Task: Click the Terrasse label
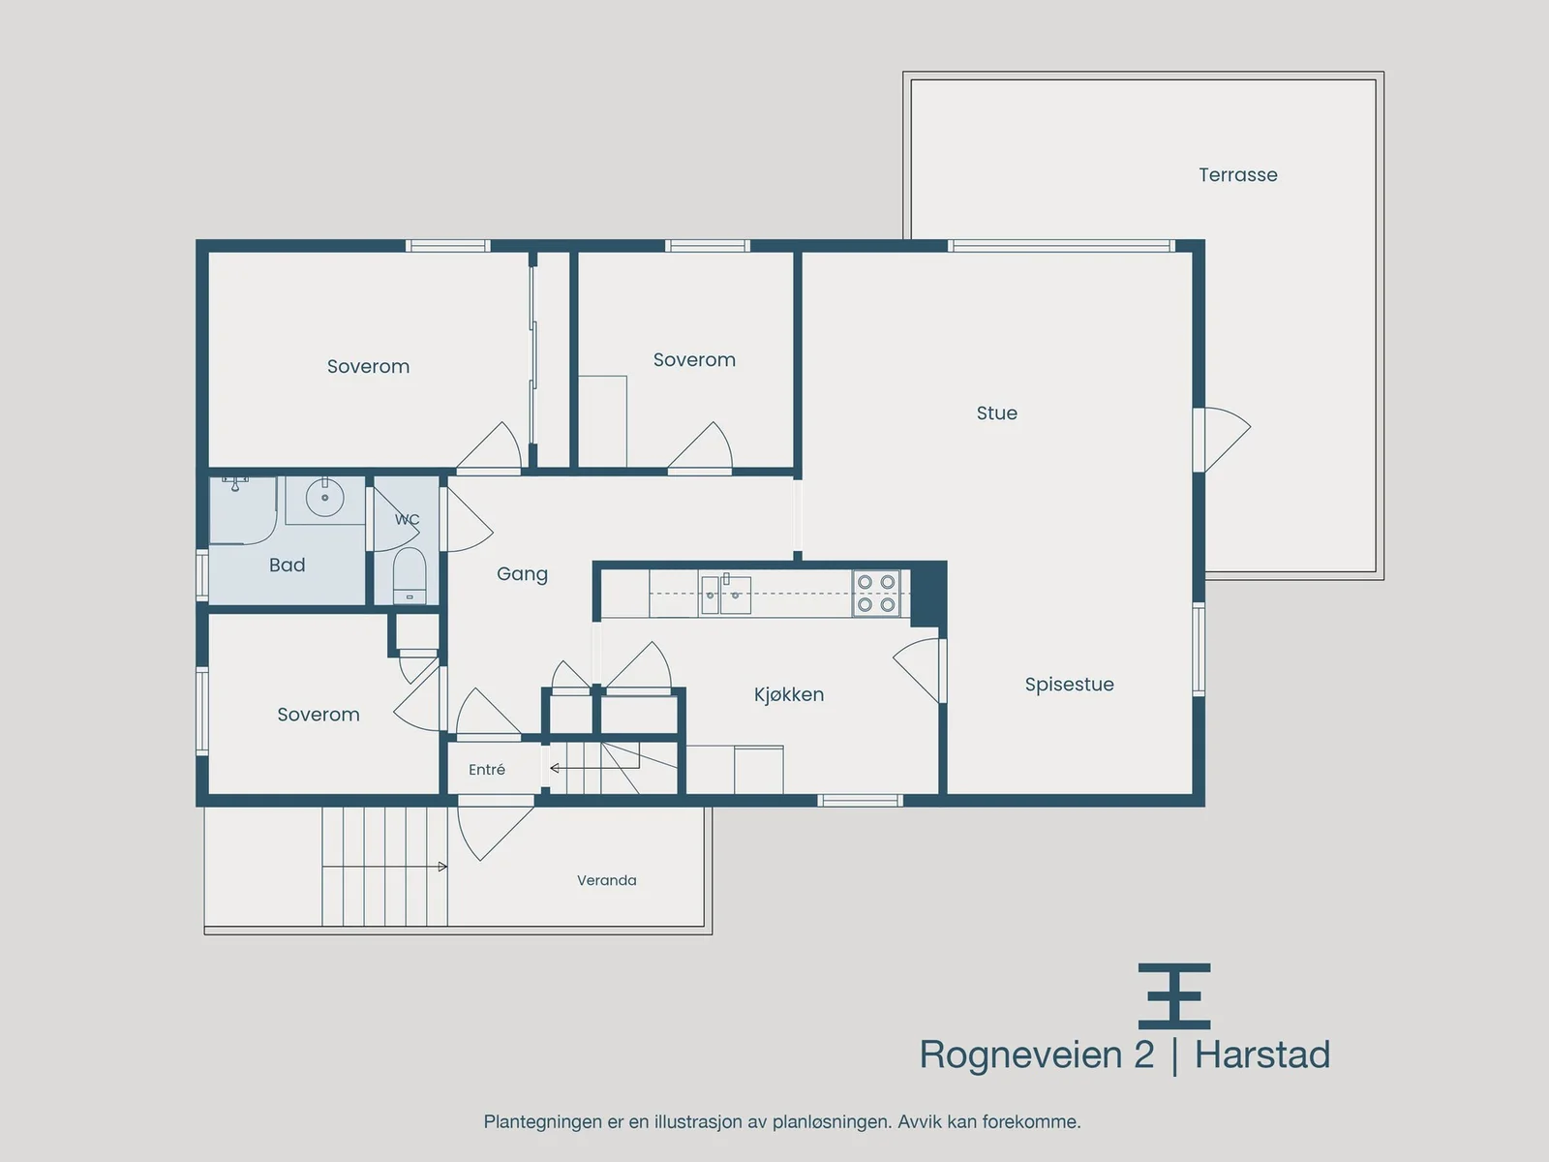(1238, 175)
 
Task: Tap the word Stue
(996, 413)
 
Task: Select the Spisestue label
(1069, 685)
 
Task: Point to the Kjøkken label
(788, 694)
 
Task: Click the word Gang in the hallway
(522, 574)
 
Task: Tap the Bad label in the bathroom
(288, 566)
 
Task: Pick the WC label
(408, 520)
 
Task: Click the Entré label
(487, 769)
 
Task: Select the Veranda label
(606, 880)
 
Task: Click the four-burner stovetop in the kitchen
(876, 594)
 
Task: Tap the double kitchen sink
(725, 594)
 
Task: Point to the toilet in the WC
(410, 575)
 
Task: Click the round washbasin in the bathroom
(324, 498)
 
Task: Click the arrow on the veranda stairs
(384, 867)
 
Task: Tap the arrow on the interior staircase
(594, 768)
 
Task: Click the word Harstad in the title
(1261, 1055)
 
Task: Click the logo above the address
(1174, 996)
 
